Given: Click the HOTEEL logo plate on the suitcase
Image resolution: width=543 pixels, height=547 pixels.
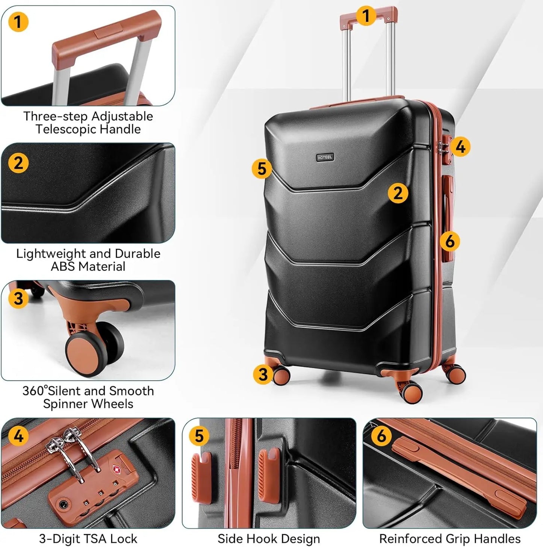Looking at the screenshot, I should click(x=325, y=157).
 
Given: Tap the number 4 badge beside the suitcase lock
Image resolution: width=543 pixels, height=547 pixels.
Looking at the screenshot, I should click(x=460, y=147).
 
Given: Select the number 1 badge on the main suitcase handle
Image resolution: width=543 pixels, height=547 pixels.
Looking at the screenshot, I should click(x=366, y=16).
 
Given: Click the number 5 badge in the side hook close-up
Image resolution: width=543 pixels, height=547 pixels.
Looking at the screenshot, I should click(x=199, y=436).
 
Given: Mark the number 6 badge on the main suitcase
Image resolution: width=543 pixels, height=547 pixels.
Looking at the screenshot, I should click(x=449, y=241).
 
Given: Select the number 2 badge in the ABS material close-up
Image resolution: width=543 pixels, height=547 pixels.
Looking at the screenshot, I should click(x=18, y=163).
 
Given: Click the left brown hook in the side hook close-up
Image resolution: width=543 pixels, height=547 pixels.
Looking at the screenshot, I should click(x=201, y=477).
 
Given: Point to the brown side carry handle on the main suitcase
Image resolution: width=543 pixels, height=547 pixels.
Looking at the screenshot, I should click(x=448, y=218).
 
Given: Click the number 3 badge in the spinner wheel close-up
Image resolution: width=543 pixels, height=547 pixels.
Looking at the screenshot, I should click(x=18, y=299).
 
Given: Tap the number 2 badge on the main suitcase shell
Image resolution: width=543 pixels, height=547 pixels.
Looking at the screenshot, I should click(x=398, y=193).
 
